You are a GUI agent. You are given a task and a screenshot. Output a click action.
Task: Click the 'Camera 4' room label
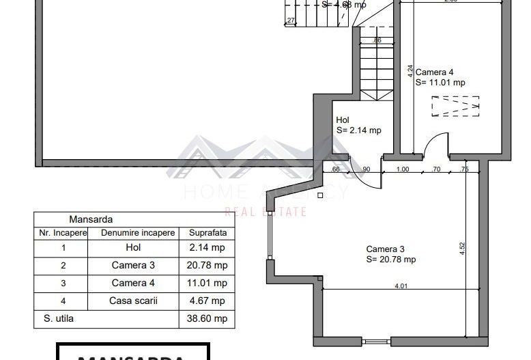[434, 72]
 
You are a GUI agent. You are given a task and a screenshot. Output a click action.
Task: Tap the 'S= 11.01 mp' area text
[440, 83]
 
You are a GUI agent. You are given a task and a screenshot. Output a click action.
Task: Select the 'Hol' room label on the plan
[343, 120]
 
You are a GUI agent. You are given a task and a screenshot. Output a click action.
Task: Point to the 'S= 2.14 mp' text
[358, 130]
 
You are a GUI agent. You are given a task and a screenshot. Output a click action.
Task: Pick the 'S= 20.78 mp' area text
[390, 260]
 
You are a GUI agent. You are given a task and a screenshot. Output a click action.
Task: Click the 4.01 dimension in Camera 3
[401, 286]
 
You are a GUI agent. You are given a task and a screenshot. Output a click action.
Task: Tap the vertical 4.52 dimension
[462, 248]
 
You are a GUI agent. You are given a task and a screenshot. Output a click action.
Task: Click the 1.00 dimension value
[403, 169]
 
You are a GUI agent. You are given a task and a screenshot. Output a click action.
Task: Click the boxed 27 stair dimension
[291, 21]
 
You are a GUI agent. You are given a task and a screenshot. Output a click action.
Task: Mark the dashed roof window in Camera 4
[455, 107]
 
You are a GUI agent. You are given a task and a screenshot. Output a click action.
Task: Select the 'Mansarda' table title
[91, 220]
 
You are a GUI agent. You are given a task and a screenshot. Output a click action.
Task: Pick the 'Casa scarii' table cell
[134, 301]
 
